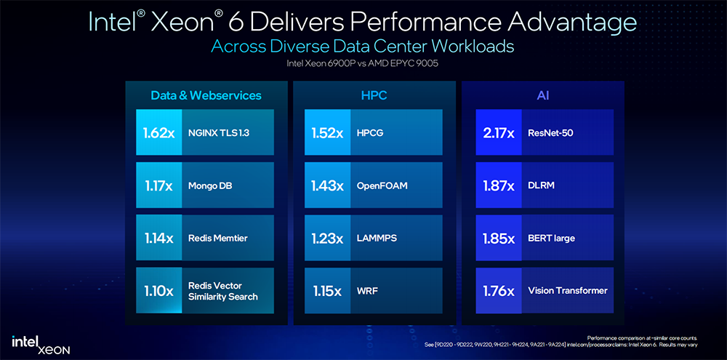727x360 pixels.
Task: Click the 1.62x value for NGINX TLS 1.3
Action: pyautogui.click(x=158, y=133)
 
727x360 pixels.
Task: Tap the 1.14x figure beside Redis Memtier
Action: pyautogui.click(x=158, y=238)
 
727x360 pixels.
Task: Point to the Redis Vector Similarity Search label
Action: pyautogui.click(x=222, y=291)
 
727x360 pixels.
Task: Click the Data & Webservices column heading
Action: pyautogui.click(x=206, y=95)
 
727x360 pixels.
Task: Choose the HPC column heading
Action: pyautogui.click(x=374, y=95)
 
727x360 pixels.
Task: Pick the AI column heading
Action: pyautogui.click(x=542, y=95)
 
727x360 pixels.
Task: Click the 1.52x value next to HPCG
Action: pyautogui.click(x=327, y=133)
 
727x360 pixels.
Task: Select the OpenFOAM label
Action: pyautogui.click(x=382, y=185)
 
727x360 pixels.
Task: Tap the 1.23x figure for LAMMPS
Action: pyautogui.click(x=327, y=238)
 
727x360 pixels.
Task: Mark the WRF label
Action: pyautogui.click(x=368, y=291)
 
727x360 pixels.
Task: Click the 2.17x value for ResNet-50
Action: pyautogui.click(x=499, y=133)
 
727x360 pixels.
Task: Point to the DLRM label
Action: pyautogui.click(x=542, y=185)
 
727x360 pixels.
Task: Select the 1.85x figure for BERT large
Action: pyautogui.click(x=499, y=238)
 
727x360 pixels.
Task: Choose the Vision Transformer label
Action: pyautogui.click(x=567, y=291)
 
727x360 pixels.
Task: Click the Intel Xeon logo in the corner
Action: pyautogui.click(x=41, y=344)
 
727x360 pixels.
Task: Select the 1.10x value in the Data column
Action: pyautogui.click(x=158, y=291)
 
